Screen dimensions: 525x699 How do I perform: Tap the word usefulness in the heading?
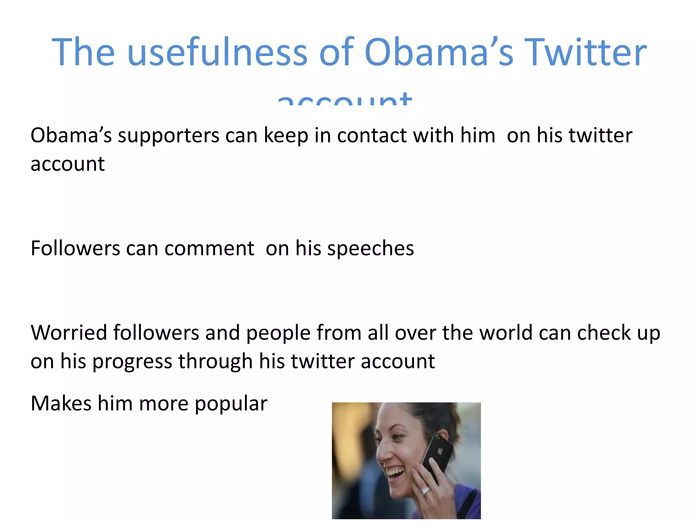[x=217, y=52]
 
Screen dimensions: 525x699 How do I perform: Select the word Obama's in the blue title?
[x=439, y=52]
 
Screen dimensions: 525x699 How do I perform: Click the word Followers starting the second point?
[x=75, y=248]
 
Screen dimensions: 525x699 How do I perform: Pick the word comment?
[x=209, y=248]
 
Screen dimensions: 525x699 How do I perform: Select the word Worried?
[x=69, y=333]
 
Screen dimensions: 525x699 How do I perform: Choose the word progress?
[x=132, y=362]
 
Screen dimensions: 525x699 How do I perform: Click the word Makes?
[x=61, y=403]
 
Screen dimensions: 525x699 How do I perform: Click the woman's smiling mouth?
[x=396, y=474]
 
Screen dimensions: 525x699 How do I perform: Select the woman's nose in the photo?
[x=382, y=453]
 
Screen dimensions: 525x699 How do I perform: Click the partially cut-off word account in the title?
[x=345, y=99]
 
